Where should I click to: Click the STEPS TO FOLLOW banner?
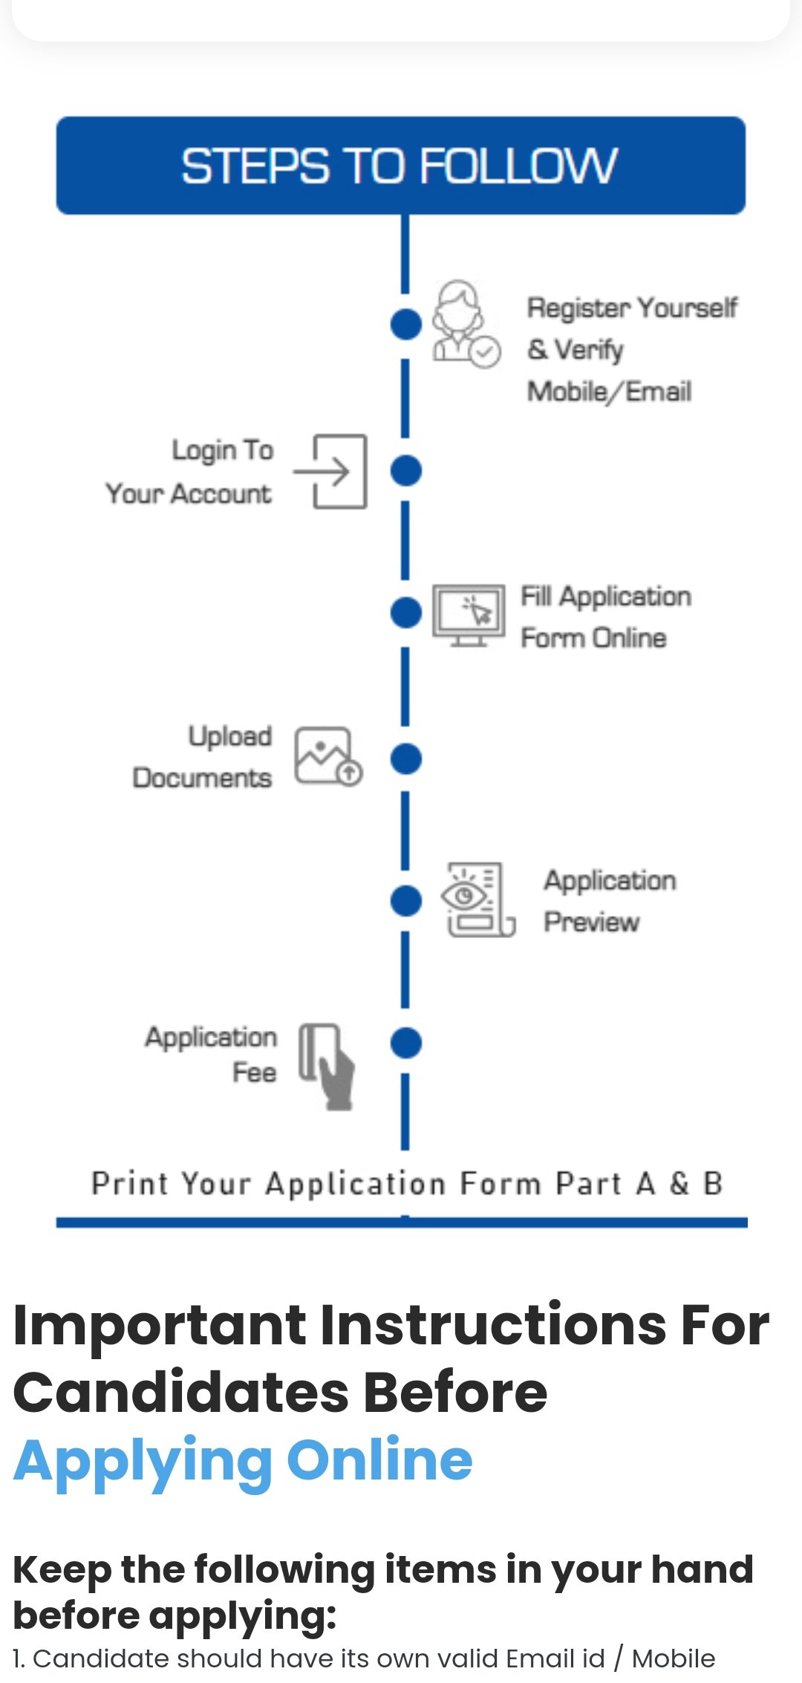pos(401,165)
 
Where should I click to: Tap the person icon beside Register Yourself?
pos(465,324)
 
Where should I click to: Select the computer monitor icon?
pos(468,615)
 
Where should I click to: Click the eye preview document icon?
pos(478,899)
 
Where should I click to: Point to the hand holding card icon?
pos(327,1065)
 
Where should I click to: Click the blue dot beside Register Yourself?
pos(405,324)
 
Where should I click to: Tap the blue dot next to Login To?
pos(405,470)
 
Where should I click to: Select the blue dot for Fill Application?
pos(405,613)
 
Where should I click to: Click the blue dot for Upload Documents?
pos(405,758)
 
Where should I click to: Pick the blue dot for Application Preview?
pos(405,901)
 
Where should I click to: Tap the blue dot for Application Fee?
pos(405,1042)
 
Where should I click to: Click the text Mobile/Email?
pos(609,391)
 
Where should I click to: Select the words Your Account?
pos(189,494)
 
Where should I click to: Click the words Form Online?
pos(593,638)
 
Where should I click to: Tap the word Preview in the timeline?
pos(591,922)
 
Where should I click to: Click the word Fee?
pos(254,1072)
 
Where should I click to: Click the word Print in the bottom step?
pos(129,1183)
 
